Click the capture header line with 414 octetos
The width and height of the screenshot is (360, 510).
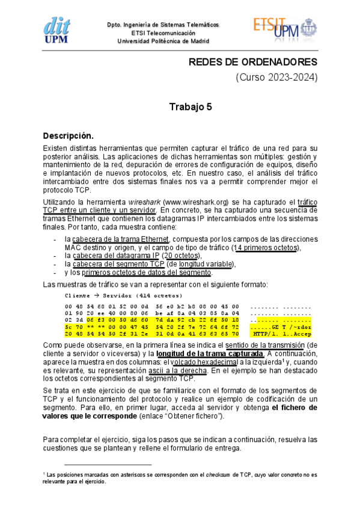pos(123,296)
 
